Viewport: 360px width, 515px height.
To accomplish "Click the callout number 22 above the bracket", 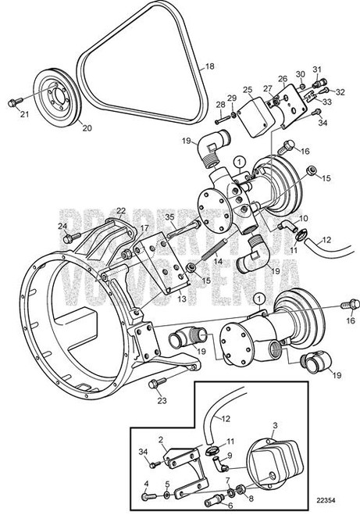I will coord(120,211).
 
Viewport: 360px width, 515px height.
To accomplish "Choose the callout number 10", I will coord(304,220).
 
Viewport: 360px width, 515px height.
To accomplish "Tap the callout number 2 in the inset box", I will coord(161,441).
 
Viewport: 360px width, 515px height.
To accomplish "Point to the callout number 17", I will coord(144,228).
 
